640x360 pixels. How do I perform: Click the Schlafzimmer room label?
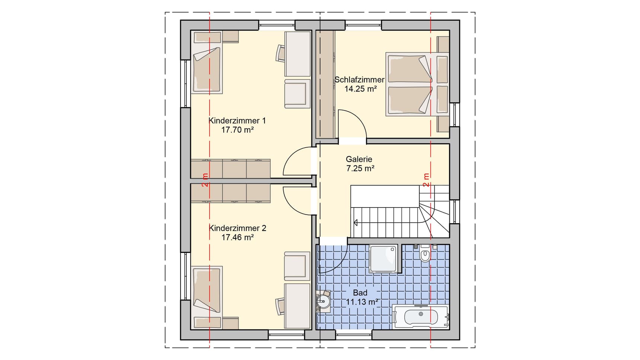(x=359, y=80)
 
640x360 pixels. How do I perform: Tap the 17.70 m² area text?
(x=237, y=130)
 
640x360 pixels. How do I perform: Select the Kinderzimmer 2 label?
(x=237, y=228)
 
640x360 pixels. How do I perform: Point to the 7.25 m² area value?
(x=360, y=168)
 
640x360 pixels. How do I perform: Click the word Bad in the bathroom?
(x=360, y=293)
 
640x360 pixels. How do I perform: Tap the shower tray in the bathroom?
(x=383, y=259)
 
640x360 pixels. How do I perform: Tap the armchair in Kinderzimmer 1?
(x=297, y=93)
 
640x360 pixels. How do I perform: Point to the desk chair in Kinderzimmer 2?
(x=280, y=306)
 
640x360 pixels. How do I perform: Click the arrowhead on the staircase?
(x=355, y=223)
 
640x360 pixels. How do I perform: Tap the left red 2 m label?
(x=205, y=180)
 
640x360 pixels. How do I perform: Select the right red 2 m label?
(x=426, y=180)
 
